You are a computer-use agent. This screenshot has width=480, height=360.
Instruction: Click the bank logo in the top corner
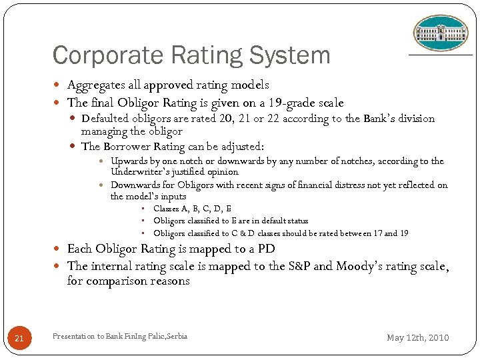pyautogui.click(x=441, y=33)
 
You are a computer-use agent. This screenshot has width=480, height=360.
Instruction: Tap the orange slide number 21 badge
pyautogui.click(x=19, y=339)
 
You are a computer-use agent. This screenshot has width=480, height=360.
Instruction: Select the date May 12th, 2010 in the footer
pyautogui.click(x=418, y=338)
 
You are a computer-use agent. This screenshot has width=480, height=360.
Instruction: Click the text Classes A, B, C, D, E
pyautogui.click(x=192, y=209)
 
